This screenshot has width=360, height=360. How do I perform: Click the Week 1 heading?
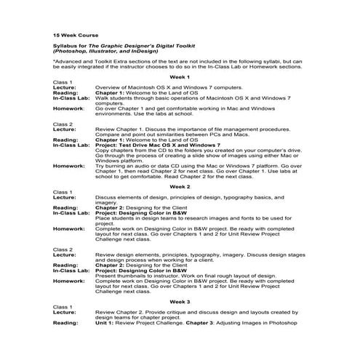coord(180,76)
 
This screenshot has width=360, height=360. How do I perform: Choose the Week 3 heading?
coord(180,301)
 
